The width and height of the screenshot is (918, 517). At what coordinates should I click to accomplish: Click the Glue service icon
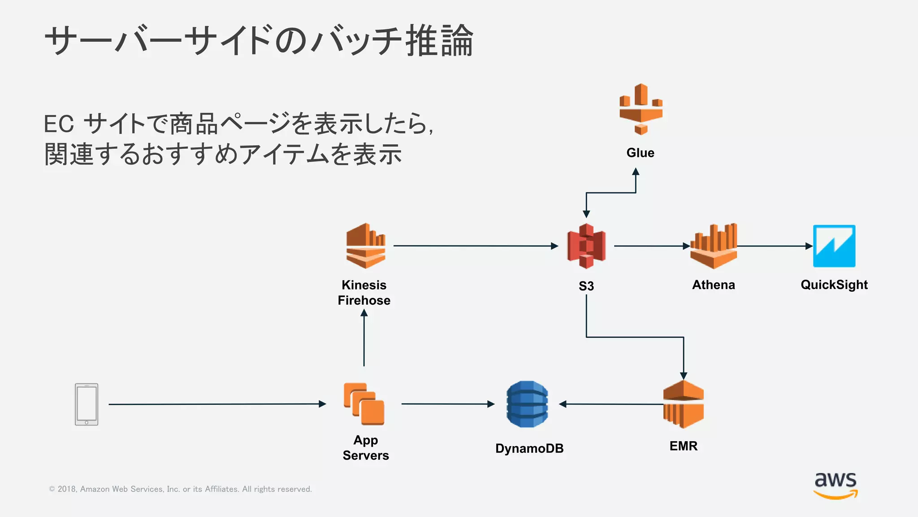(x=641, y=109)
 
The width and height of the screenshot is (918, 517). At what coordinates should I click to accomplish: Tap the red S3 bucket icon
(x=586, y=246)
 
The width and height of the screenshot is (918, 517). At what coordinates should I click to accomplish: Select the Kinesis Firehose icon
(x=365, y=246)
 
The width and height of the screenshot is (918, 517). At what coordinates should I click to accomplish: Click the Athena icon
(x=714, y=246)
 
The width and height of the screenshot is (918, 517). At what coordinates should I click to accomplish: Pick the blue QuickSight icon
(x=834, y=246)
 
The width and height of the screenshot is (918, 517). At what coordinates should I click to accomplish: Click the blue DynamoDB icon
(x=527, y=404)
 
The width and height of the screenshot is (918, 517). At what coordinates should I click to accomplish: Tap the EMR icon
(x=683, y=404)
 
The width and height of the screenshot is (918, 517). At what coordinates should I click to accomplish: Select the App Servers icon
(x=364, y=404)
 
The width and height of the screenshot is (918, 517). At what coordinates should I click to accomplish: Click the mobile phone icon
(x=87, y=404)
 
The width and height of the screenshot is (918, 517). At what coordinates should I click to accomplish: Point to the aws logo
(x=836, y=485)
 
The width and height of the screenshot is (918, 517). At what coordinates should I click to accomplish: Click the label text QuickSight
(x=834, y=285)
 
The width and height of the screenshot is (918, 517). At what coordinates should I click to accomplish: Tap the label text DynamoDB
(x=529, y=448)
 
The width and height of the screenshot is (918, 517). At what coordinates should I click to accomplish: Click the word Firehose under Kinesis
(x=364, y=301)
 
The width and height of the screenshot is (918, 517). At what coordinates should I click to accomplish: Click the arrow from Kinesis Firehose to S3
(x=475, y=246)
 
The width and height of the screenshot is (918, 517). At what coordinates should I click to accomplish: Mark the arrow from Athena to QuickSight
(x=775, y=246)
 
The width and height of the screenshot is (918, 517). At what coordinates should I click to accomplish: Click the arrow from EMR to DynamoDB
(x=612, y=404)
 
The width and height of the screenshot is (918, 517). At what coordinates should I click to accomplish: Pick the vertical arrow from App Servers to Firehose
(x=364, y=339)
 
